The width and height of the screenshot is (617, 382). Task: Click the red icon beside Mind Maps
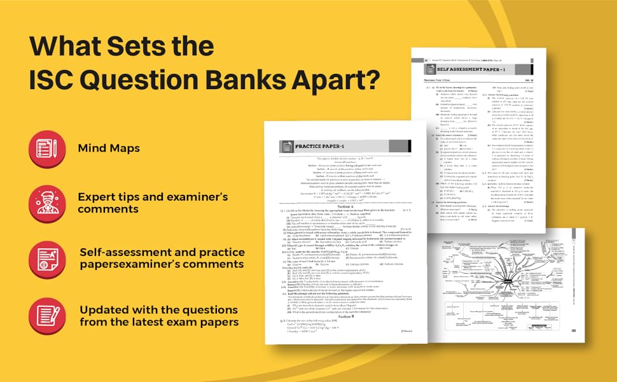[x=47, y=148]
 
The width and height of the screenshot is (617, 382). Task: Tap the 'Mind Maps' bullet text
[x=109, y=148]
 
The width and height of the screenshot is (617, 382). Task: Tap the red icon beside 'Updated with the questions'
[x=47, y=315]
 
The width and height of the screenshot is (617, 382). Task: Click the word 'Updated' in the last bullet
[x=104, y=308]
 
